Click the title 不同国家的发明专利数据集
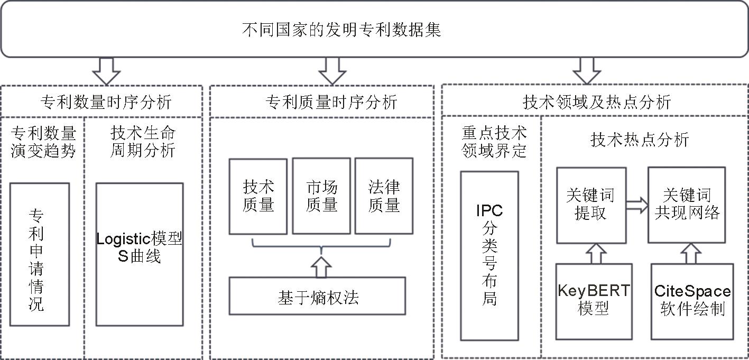click(x=341, y=30)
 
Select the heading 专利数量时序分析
click(x=106, y=101)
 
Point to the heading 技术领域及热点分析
click(x=597, y=101)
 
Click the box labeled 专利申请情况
click(x=40, y=254)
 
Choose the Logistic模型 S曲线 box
click(x=140, y=254)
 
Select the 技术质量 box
click(x=258, y=196)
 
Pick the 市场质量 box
click(x=321, y=196)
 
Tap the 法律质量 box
click(x=384, y=196)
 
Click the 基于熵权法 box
click(x=317, y=296)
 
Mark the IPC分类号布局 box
click(x=489, y=255)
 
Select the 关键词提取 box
click(x=591, y=205)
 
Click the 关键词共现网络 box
click(x=687, y=205)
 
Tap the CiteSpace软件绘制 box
click(x=692, y=300)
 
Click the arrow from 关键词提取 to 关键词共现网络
click(x=637, y=205)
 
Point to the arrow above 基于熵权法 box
click(x=320, y=266)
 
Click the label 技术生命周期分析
click(x=143, y=142)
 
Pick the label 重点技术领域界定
click(x=495, y=142)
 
